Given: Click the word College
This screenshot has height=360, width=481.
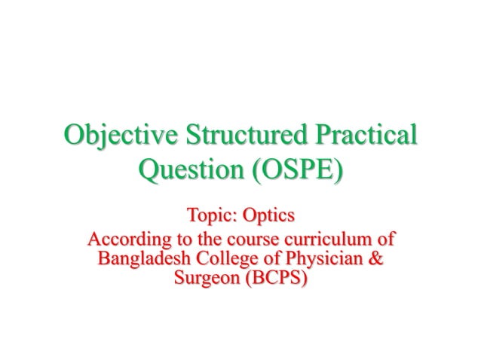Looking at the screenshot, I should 219,261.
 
